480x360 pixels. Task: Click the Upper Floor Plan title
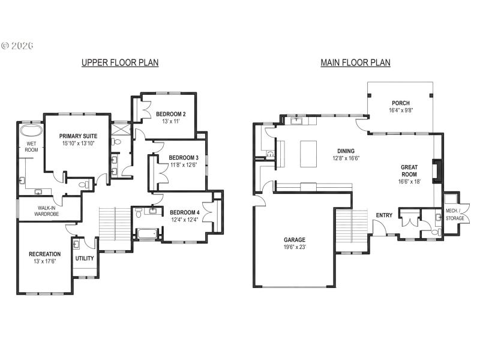click(120, 62)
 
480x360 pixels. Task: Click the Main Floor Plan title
click(355, 62)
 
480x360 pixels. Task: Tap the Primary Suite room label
click(78, 136)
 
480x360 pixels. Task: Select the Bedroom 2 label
click(170, 114)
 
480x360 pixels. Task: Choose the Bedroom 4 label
click(184, 212)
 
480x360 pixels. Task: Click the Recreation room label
click(44, 254)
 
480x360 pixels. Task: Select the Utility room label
click(85, 259)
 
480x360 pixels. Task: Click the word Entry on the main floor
click(385, 215)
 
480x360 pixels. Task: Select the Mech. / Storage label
click(455, 214)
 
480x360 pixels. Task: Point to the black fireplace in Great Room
click(439, 171)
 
